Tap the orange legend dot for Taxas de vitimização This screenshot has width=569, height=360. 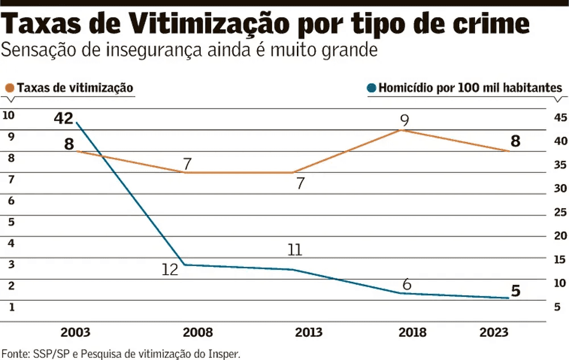[9, 88]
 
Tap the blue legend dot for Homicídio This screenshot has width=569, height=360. [372, 88]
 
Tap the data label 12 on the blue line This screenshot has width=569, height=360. [170, 269]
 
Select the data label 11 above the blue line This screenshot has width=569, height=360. [294, 250]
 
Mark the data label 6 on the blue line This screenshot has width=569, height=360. [406, 284]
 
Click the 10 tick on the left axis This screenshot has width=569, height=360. [9, 115]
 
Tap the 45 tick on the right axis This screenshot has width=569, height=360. [560, 118]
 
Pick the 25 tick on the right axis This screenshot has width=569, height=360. [560, 212]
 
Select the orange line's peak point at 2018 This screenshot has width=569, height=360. [401, 130]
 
